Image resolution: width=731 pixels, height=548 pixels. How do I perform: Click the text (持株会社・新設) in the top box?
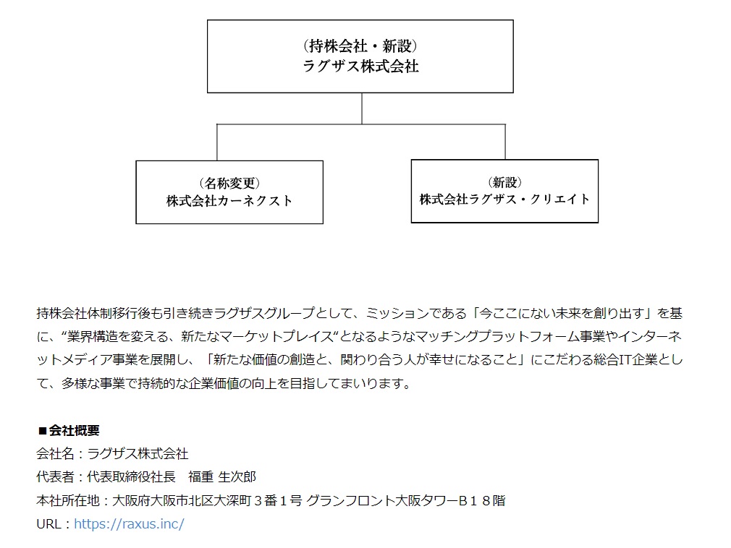pyautogui.click(x=360, y=46)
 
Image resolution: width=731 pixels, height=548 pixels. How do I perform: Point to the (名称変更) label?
pyautogui.click(x=229, y=183)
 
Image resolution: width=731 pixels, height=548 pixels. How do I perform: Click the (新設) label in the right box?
pyautogui.click(x=504, y=182)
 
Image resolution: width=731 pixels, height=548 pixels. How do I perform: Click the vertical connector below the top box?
pyautogui.click(x=362, y=108)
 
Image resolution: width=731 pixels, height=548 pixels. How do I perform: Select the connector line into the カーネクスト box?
pyautogui.click(x=217, y=142)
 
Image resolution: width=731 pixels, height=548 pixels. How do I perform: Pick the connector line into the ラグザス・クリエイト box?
pyautogui.click(x=505, y=142)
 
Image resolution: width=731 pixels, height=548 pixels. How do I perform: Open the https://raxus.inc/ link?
pyautogui.click(x=129, y=524)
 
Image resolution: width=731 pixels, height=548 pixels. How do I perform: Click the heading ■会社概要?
pyautogui.click(x=69, y=430)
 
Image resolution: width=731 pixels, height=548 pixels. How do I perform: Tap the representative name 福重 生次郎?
pyautogui.click(x=222, y=476)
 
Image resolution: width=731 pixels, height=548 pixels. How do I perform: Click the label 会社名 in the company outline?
pyautogui.click(x=55, y=453)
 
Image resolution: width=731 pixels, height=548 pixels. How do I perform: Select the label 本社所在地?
pyautogui.click(x=68, y=500)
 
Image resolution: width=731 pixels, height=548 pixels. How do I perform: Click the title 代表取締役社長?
pyautogui.click(x=131, y=476)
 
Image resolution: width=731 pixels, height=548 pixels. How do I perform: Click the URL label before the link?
pyautogui.click(x=48, y=524)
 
